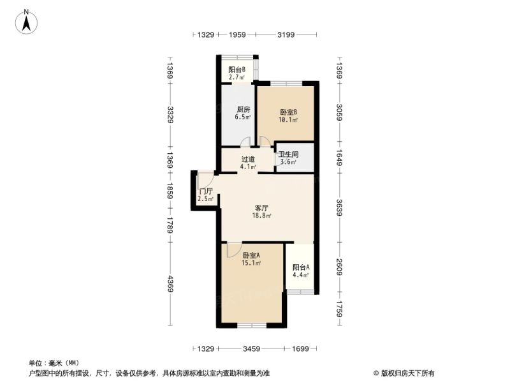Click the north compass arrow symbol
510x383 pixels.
click(26, 22)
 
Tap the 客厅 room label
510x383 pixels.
click(261, 207)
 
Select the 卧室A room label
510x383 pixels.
click(251, 255)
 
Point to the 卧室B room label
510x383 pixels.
click(289, 112)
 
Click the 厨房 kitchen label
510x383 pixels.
click(244, 109)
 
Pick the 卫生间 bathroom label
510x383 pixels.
click(289, 154)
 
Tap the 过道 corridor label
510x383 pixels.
click(248, 159)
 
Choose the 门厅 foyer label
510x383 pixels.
click(206, 191)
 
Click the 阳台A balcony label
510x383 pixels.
click(301, 267)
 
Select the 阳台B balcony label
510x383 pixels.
click(237, 70)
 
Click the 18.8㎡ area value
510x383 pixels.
click(262, 215)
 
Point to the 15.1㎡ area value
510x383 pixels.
click(251, 263)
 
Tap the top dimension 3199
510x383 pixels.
click(286, 34)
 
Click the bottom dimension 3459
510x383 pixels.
click(251, 349)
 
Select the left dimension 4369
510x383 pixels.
click(170, 283)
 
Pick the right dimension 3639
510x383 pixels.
click(339, 207)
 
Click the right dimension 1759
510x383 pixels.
click(339, 309)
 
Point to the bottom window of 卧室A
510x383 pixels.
click(252, 325)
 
